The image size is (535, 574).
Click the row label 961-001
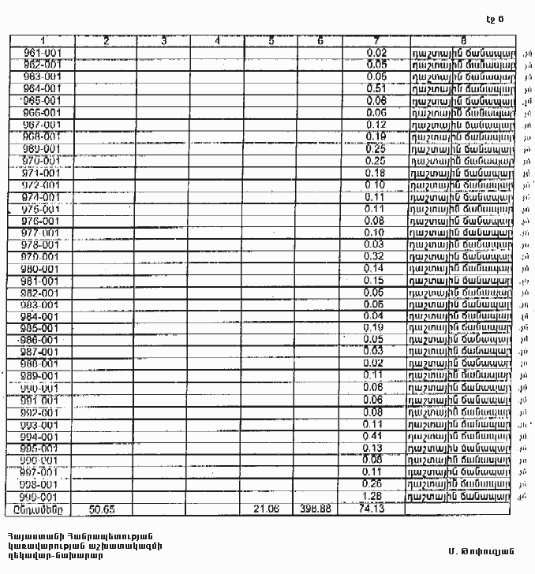[x=43, y=52]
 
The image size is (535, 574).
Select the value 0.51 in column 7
[x=376, y=88]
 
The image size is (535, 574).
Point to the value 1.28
[x=376, y=496]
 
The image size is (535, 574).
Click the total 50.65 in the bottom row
[x=104, y=509]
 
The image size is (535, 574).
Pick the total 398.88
[x=316, y=509]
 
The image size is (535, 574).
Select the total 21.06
[x=268, y=509]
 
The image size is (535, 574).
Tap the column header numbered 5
[x=271, y=40]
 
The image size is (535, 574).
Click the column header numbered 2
[x=106, y=40]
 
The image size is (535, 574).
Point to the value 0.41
[x=376, y=436]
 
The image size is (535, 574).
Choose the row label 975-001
[x=43, y=209]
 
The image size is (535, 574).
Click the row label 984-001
[x=43, y=316]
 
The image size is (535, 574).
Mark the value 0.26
[x=376, y=484]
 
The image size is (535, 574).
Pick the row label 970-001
[x=43, y=160]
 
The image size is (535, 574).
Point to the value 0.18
[x=376, y=173]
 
